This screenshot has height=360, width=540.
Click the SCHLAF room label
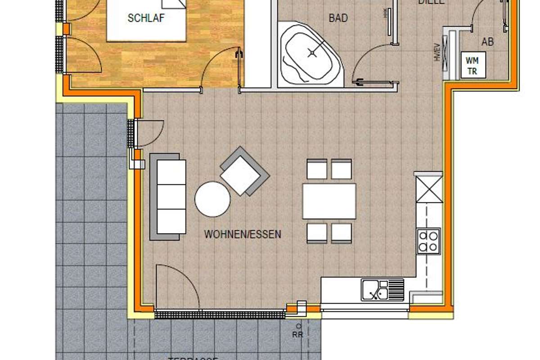[x=146, y=18]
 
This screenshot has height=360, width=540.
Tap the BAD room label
[x=338, y=18]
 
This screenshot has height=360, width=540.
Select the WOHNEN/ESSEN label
[x=243, y=234]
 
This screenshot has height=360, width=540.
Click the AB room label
[x=487, y=42]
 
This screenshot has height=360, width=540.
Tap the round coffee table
[x=212, y=198]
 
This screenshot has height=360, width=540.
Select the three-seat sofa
[x=168, y=196]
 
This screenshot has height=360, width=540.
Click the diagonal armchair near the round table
[x=244, y=171]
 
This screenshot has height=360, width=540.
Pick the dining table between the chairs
[x=329, y=201]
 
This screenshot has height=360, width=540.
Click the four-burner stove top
[x=428, y=241]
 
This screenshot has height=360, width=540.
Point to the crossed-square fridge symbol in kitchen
[x=429, y=189]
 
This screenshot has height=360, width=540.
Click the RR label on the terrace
[x=297, y=334]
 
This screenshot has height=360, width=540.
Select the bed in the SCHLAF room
[x=146, y=20]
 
